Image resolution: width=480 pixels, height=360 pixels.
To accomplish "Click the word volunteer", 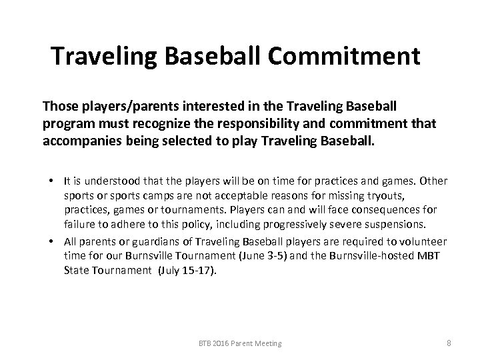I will click(421, 241).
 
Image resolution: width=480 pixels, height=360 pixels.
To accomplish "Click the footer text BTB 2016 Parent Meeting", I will click(239, 343).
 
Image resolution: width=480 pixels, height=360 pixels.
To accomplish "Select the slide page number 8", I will click(449, 343).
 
